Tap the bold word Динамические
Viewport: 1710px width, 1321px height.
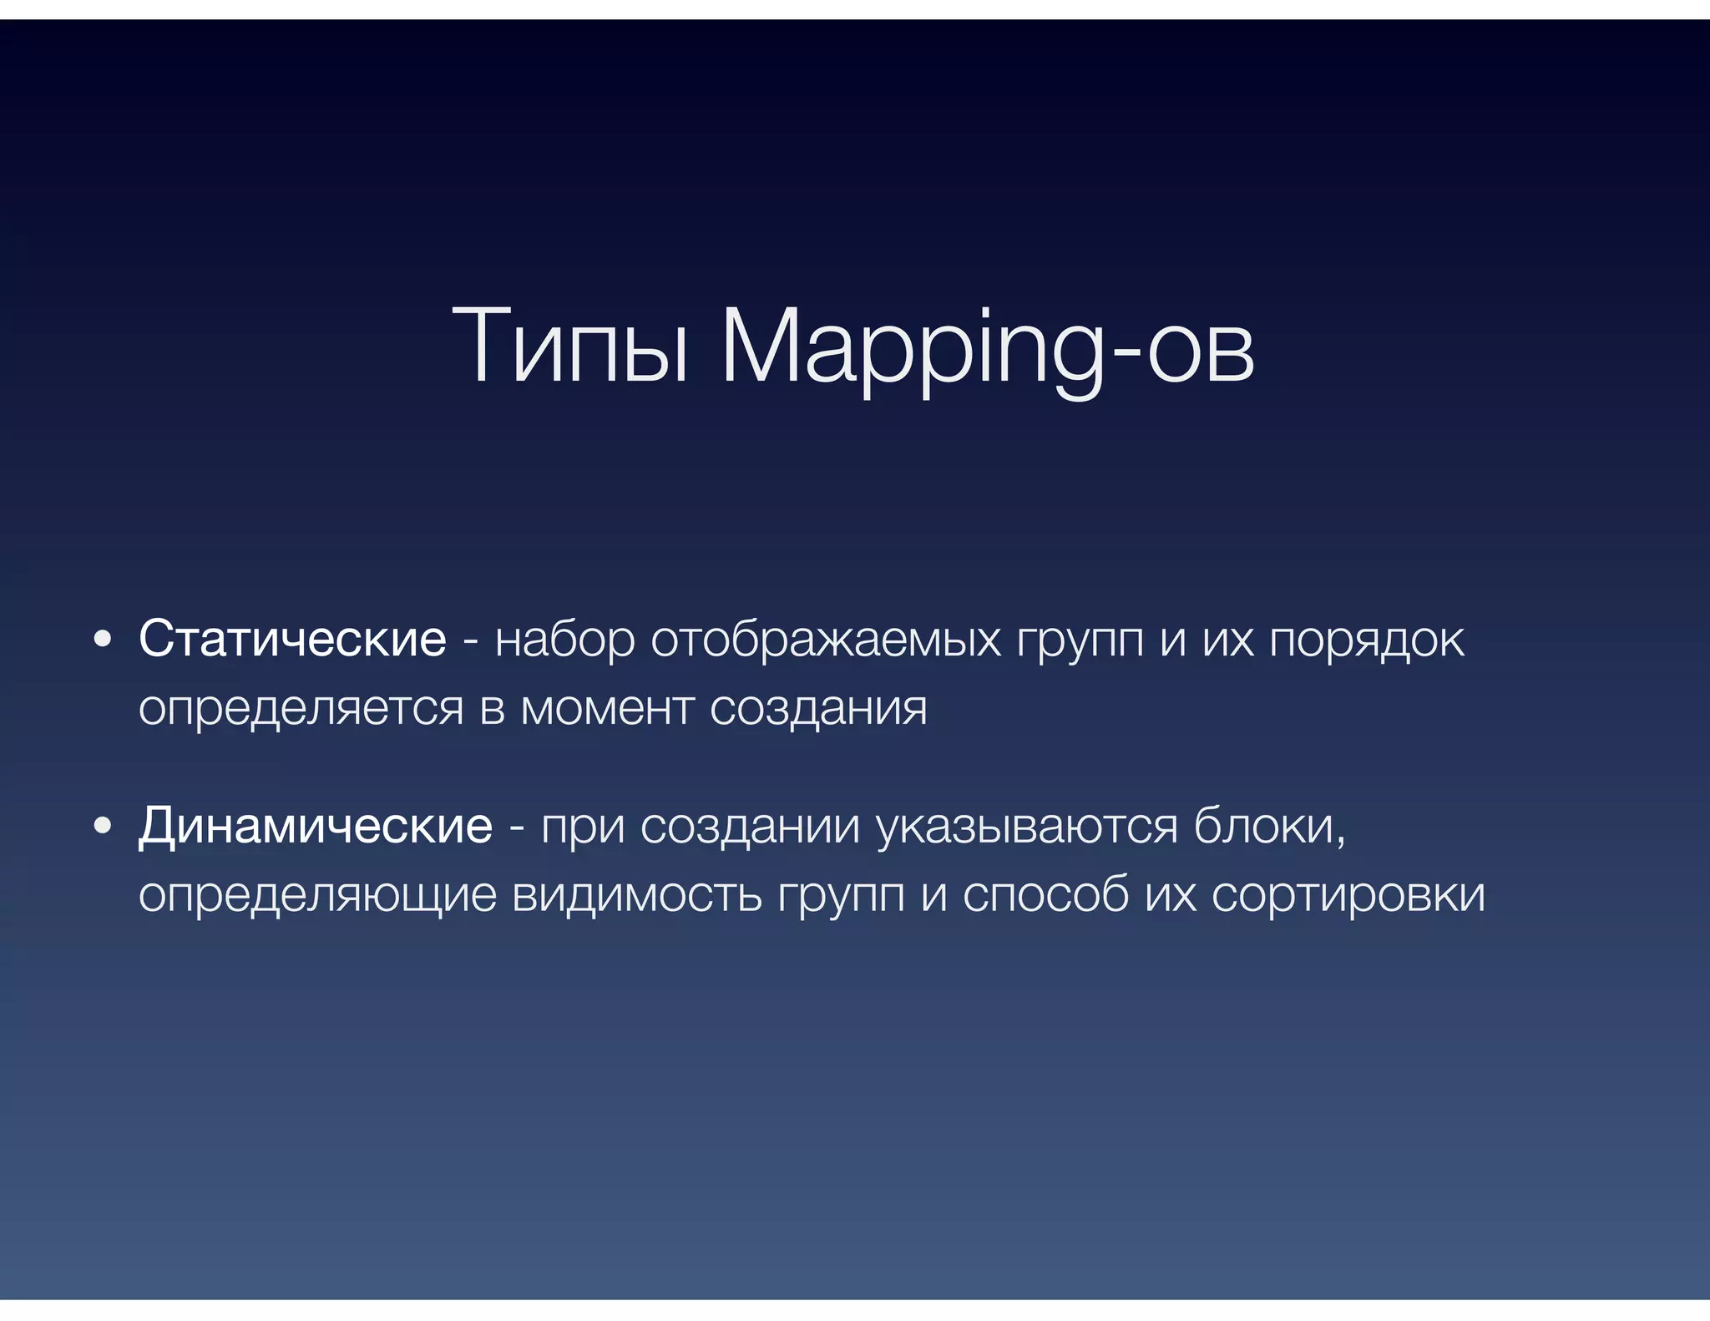click(316, 826)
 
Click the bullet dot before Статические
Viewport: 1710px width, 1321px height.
click(103, 640)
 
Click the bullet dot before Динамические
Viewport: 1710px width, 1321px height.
click(103, 827)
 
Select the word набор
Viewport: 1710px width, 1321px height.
click(564, 640)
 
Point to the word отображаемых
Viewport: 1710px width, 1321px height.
click(825, 640)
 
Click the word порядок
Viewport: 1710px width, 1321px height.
click(1367, 640)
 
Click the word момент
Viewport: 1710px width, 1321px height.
click(607, 708)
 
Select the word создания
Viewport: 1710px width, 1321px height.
click(818, 708)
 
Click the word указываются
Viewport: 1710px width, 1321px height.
click(1027, 827)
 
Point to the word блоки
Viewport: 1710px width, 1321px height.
click(1267, 827)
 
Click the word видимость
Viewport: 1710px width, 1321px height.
click(636, 895)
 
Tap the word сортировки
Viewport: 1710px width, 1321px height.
click(1348, 895)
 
